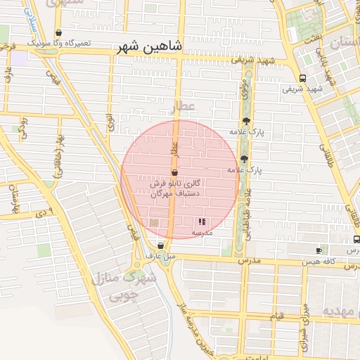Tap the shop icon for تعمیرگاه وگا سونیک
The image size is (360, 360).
(x=58, y=32)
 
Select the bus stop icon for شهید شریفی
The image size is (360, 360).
(x=302, y=78)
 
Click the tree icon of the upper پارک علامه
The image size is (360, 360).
(x=245, y=122)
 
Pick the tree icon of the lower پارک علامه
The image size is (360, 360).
(x=244, y=159)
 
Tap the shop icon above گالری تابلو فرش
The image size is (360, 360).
(x=174, y=172)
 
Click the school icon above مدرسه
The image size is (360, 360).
(x=202, y=221)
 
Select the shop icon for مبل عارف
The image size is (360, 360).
(x=161, y=246)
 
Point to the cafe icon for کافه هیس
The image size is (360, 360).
(x=319, y=250)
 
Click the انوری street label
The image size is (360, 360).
(x=110, y=122)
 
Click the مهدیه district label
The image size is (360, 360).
(x=340, y=310)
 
